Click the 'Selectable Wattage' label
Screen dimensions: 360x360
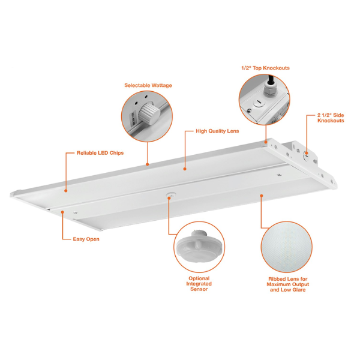[148, 85]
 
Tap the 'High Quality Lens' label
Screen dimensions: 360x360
[217, 131]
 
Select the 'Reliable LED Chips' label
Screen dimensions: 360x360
[100, 153]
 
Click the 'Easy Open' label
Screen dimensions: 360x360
[86, 239]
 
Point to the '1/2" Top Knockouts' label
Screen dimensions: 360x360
[265, 68]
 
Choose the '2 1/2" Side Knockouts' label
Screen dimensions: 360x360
[331, 118]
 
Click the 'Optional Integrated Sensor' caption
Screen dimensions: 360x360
[199, 284]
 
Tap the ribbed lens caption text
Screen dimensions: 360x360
[287, 284]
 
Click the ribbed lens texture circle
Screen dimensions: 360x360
[287, 247]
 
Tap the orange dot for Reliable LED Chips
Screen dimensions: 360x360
[65, 191]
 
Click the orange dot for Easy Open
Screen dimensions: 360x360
[62, 212]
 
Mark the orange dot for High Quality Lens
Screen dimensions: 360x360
[185, 169]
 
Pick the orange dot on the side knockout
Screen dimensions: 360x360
[307, 152]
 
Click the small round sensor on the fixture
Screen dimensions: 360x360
[170, 194]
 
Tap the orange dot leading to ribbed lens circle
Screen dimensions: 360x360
[261, 196]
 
